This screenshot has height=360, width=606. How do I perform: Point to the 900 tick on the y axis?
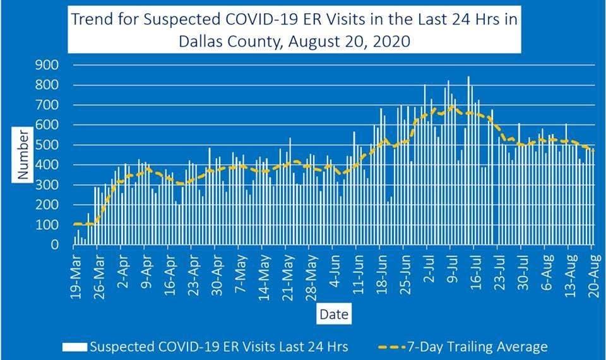48,65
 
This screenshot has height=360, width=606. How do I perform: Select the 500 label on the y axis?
48,145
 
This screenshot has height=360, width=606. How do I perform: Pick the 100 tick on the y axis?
48,225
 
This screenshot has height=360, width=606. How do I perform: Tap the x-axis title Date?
333,313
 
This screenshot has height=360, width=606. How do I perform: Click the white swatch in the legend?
74,346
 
